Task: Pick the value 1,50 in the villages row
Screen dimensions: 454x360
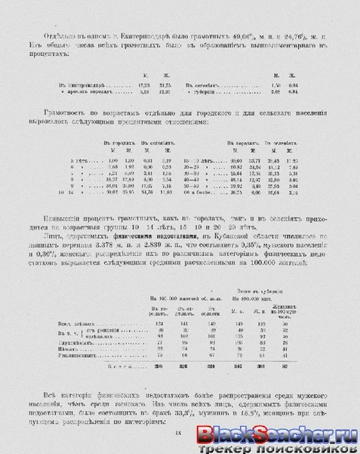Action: click(277, 87)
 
